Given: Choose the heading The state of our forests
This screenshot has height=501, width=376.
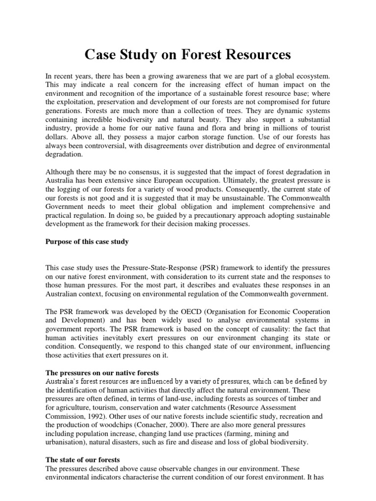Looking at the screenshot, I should click(x=83, y=460).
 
